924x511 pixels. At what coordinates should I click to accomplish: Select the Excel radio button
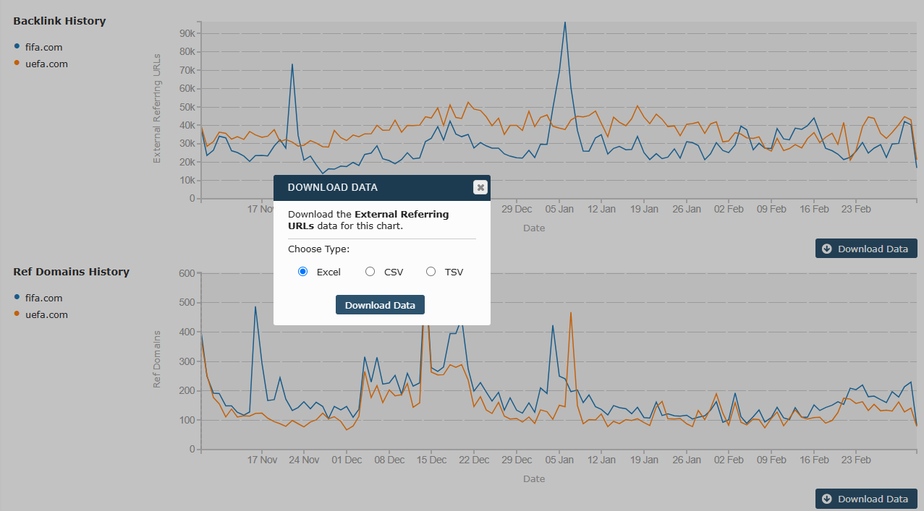303,272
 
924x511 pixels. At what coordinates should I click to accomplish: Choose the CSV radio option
370,272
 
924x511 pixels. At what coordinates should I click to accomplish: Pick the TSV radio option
431,272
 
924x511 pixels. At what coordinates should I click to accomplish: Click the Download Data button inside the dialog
380,305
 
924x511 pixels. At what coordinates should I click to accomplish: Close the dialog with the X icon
480,187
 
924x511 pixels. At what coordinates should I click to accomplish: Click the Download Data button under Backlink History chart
866,249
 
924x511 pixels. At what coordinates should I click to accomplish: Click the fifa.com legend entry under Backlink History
43,47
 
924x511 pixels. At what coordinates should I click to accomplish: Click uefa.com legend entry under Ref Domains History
46,314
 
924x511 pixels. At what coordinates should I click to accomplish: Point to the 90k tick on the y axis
187,33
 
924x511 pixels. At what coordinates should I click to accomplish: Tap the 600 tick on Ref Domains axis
187,273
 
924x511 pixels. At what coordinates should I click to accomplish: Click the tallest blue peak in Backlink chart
565,22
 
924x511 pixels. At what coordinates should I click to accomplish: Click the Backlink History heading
59,21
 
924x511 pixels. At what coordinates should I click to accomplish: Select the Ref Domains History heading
71,272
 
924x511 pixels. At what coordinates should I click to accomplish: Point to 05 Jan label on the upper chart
559,209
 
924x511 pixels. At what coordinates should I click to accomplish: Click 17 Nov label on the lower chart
262,460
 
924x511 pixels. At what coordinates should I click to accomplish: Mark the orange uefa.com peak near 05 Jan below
571,313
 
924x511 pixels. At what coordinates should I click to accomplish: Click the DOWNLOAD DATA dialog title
332,187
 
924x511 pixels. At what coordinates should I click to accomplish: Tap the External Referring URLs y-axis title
157,107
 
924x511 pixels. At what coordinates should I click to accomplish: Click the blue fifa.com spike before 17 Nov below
255,307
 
